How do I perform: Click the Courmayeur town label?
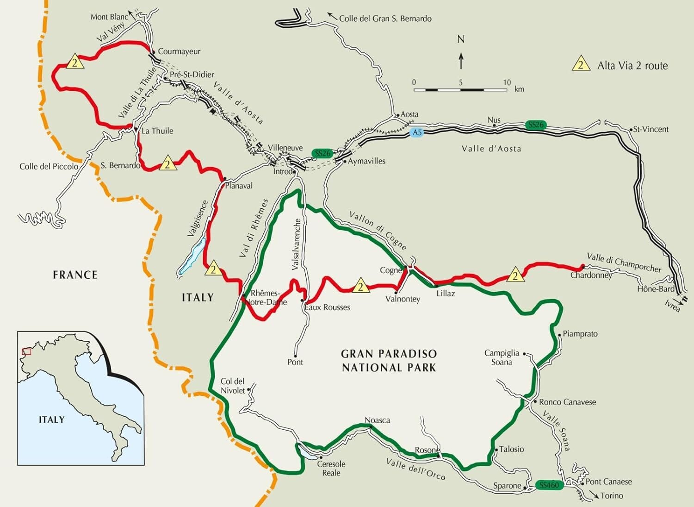[179, 51]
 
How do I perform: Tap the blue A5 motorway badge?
[417, 133]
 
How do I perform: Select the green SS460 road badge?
[549, 485]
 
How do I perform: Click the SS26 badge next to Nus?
[536, 125]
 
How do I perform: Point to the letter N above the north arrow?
[461, 39]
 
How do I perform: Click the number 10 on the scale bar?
[507, 82]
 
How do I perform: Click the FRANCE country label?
[75, 275]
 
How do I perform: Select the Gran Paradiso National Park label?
[389, 361]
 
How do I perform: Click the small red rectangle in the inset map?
[27, 351]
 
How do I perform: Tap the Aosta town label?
[409, 114]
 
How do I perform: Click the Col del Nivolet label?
[232, 386]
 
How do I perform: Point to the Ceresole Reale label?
[331, 469]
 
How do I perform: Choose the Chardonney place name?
[591, 275]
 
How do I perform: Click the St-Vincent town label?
[651, 129]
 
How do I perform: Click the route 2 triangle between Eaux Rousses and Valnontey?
[360, 287]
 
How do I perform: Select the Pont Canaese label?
[608, 482]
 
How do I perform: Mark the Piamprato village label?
[580, 334]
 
